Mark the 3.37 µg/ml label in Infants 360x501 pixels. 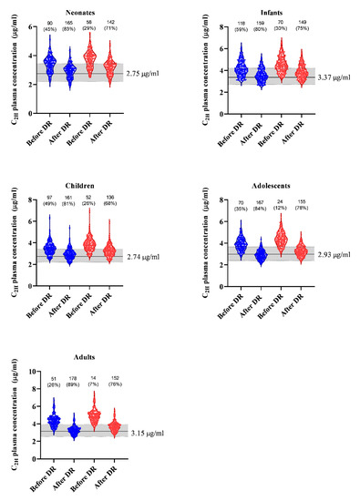(330, 77)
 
